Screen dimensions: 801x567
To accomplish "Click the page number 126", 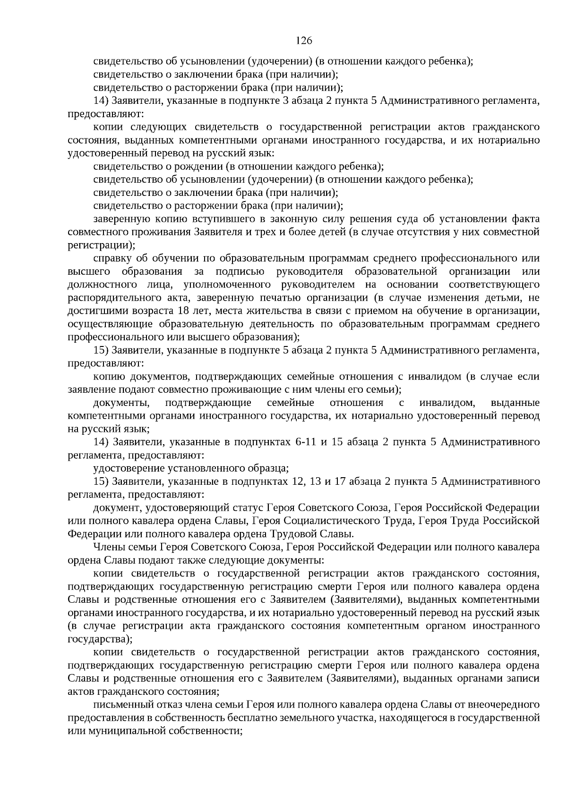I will (x=304, y=41).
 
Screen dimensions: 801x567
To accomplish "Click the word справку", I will (x=112, y=258).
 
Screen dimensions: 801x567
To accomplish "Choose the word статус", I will (x=249, y=508).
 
